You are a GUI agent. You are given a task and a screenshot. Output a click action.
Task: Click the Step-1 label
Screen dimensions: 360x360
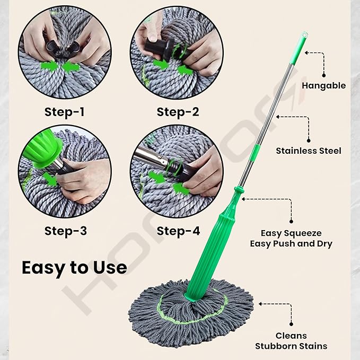pyautogui.click(x=65, y=112)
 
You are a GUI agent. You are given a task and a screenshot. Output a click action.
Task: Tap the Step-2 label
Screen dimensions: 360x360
pyautogui.click(x=178, y=112)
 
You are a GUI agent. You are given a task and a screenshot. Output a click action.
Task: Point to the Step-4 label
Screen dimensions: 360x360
pyautogui.click(x=178, y=231)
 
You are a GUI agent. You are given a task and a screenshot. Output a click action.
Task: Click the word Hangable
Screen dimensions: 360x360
pyautogui.click(x=323, y=85)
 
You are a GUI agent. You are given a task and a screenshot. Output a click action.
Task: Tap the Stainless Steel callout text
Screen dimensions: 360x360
pyautogui.click(x=309, y=151)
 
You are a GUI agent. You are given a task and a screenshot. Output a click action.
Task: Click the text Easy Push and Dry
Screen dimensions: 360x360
pyautogui.click(x=291, y=244)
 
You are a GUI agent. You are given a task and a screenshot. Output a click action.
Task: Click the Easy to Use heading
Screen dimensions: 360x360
pyautogui.click(x=74, y=267)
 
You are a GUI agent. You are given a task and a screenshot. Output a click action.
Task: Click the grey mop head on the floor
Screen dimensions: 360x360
pyautogui.click(x=191, y=318)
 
